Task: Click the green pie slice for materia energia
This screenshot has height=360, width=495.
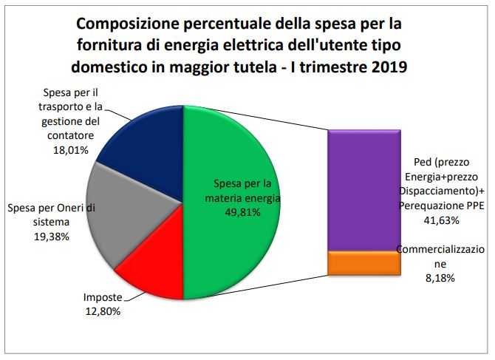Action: pos(229,244)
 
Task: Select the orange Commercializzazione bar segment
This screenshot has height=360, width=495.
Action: pos(364,263)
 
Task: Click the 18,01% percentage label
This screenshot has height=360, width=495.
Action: pos(71,150)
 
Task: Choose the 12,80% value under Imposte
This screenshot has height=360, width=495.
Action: pos(103,311)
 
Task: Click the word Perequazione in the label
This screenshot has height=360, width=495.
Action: pos(430,206)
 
